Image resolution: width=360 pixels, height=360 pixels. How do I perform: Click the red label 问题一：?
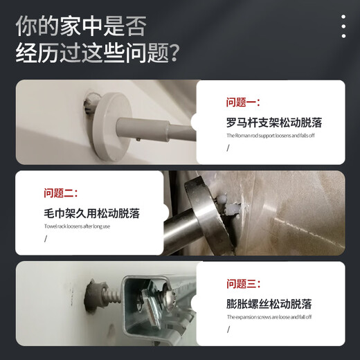pyautogui.click(x=243, y=102)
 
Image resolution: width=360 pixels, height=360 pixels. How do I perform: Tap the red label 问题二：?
pyautogui.click(x=61, y=193)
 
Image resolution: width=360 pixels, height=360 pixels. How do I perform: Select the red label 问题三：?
pyautogui.click(x=243, y=283)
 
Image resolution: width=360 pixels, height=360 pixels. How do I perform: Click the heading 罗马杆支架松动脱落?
pyautogui.click(x=274, y=123)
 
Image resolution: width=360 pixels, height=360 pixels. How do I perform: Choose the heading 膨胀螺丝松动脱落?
pyautogui.click(x=269, y=304)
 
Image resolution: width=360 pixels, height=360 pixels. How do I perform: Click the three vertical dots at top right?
pyautogui.click(x=343, y=26)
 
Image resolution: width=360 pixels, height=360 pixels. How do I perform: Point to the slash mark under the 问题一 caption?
pyautogui.click(x=228, y=147)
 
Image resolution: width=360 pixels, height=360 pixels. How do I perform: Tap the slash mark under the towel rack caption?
pyautogui.click(x=46, y=239)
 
